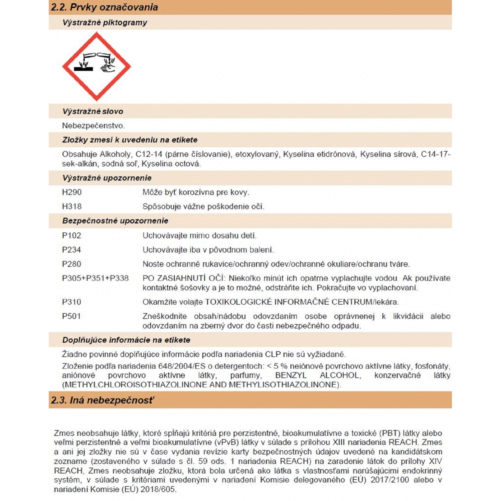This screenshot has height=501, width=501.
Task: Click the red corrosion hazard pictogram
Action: click(x=97, y=66)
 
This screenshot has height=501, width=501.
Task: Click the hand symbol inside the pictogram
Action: click(x=108, y=68)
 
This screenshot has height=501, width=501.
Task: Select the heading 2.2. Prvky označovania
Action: click(x=104, y=7)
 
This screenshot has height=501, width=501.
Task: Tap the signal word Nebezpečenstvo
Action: click(x=93, y=126)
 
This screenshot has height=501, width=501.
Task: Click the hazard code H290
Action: click(x=72, y=192)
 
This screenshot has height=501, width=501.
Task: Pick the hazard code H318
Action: click(x=72, y=206)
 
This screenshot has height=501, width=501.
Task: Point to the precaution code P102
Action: click(x=71, y=235)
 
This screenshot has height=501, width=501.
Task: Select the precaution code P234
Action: click(x=71, y=250)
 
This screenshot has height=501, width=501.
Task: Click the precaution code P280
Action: click(x=71, y=264)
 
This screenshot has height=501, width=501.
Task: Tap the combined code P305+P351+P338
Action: click(x=95, y=278)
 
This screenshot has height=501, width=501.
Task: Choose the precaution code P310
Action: click(x=71, y=302)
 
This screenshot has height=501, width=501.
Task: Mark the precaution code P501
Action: click(x=71, y=316)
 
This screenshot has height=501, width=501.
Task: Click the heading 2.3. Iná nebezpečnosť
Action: click(x=103, y=400)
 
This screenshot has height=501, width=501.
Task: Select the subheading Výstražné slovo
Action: click(x=93, y=111)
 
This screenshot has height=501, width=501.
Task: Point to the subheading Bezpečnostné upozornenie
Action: click(x=115, y=221)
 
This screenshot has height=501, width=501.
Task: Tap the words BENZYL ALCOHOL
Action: click(x=318, y=375)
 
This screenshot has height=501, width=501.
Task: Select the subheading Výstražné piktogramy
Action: click(x=105, y=22)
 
